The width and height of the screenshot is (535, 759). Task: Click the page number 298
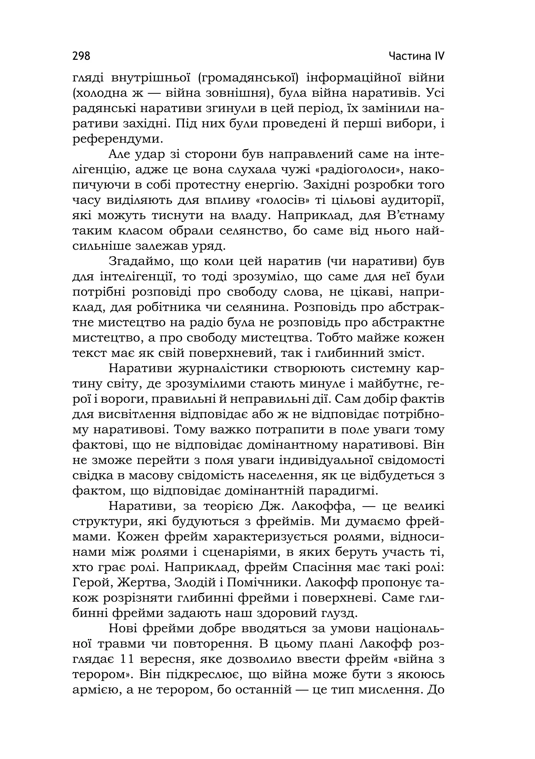coord(81,56)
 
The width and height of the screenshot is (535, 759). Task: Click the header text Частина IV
coord(416,56)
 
